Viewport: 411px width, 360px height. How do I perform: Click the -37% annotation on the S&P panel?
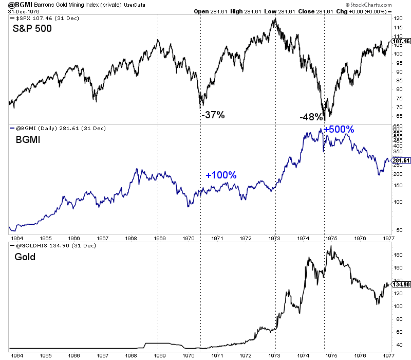[213, 115]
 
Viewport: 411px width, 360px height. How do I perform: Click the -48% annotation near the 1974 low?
[311, 117]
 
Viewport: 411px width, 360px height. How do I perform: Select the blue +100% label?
[221, 175]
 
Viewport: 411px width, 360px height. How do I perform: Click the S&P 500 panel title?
[33, 29]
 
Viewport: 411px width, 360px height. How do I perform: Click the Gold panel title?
[24, 256]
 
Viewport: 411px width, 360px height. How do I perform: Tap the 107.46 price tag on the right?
[399, 41]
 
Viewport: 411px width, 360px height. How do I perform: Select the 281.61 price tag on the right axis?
[399, 161]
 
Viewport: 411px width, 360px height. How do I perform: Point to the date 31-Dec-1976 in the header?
[21, 10]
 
